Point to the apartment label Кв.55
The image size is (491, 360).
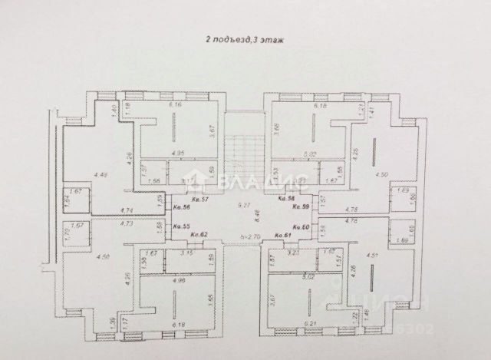(x=181, y=226)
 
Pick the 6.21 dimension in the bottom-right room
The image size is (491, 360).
(x=311, y=325)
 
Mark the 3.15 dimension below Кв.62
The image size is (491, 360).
(x=185, y=252)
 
